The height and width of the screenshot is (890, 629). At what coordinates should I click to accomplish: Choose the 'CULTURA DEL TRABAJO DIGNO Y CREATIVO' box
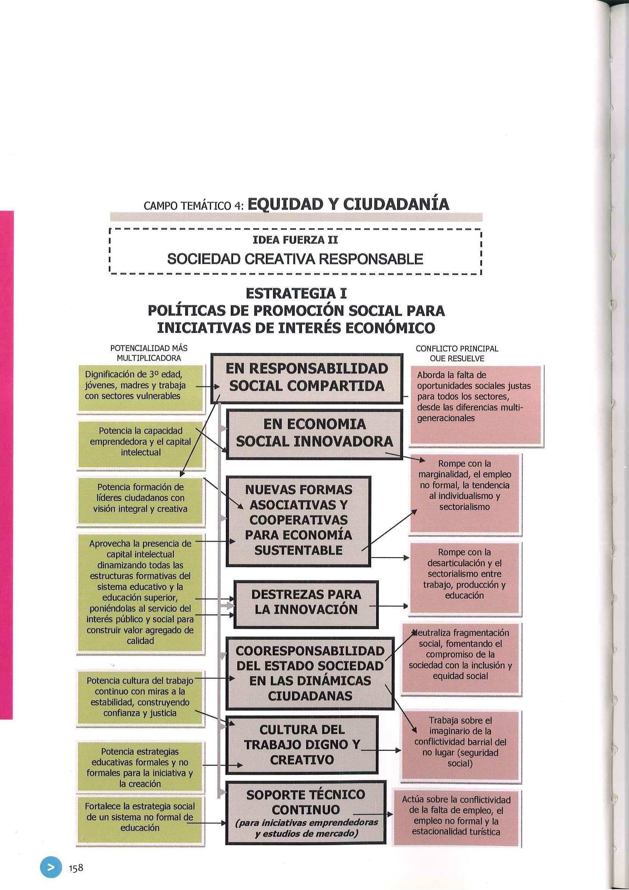point(302,744)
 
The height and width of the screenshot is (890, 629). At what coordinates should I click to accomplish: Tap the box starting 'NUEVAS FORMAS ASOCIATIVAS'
point(299,520)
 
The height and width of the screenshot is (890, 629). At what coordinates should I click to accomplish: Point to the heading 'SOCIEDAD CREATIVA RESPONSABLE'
point(295,259)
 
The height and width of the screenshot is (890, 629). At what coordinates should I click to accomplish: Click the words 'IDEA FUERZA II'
point(295,240)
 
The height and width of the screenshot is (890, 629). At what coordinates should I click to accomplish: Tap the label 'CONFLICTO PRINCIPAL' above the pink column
point(457,348)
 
